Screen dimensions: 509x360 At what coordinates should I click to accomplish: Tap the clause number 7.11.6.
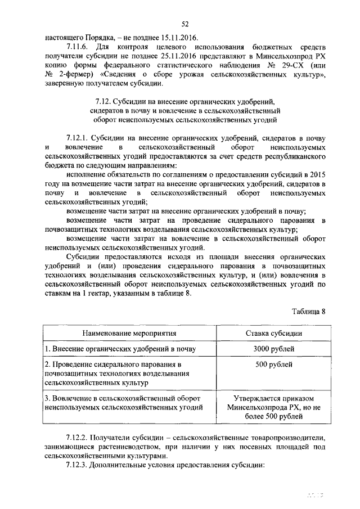click(77, 47)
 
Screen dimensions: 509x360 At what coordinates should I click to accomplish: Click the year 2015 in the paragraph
click(317, 174)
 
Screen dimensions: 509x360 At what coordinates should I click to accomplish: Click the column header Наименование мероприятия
click(129, 333)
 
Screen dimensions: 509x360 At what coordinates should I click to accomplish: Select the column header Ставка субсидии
click(273, 333)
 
